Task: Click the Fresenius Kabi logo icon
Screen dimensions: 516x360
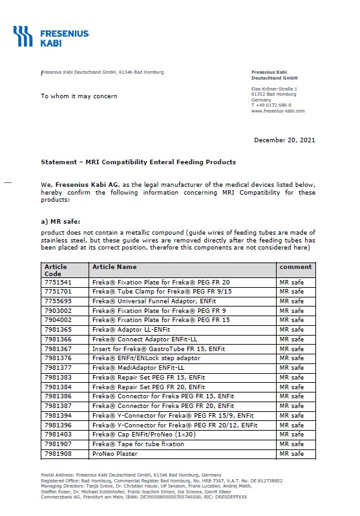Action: point(23,36)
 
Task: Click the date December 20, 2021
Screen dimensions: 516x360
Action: point(284,140)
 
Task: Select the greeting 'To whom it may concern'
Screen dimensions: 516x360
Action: point(79,96)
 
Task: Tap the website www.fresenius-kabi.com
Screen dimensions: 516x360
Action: point(277,111)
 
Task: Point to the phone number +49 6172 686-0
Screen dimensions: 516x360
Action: point(273,105)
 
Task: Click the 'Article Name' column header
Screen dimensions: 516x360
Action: point(114,266)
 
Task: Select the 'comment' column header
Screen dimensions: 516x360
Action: point(295,266)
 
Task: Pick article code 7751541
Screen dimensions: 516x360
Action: point(58,283)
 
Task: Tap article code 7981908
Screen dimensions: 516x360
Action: point(58,454)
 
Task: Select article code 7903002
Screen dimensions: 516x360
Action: point(58,310)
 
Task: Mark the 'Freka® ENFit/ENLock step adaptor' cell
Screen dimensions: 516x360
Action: point(145,358)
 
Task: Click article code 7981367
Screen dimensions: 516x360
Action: point(58,349)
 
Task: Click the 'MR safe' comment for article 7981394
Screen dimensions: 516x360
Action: point(291,416)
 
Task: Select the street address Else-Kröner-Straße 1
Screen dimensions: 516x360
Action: point(274,88)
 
